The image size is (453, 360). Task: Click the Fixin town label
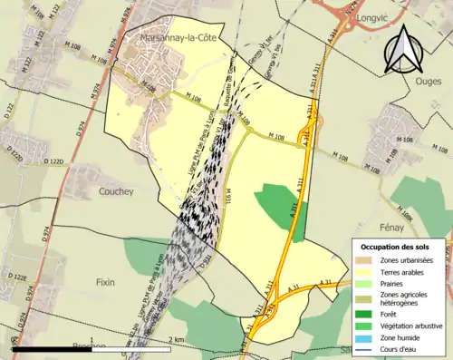[107, 282]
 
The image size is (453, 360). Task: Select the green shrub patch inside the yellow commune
[282, 208]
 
